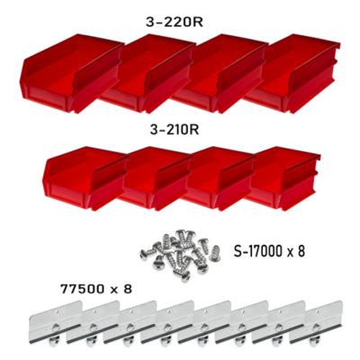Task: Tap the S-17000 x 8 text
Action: click(x=268, y=251)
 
